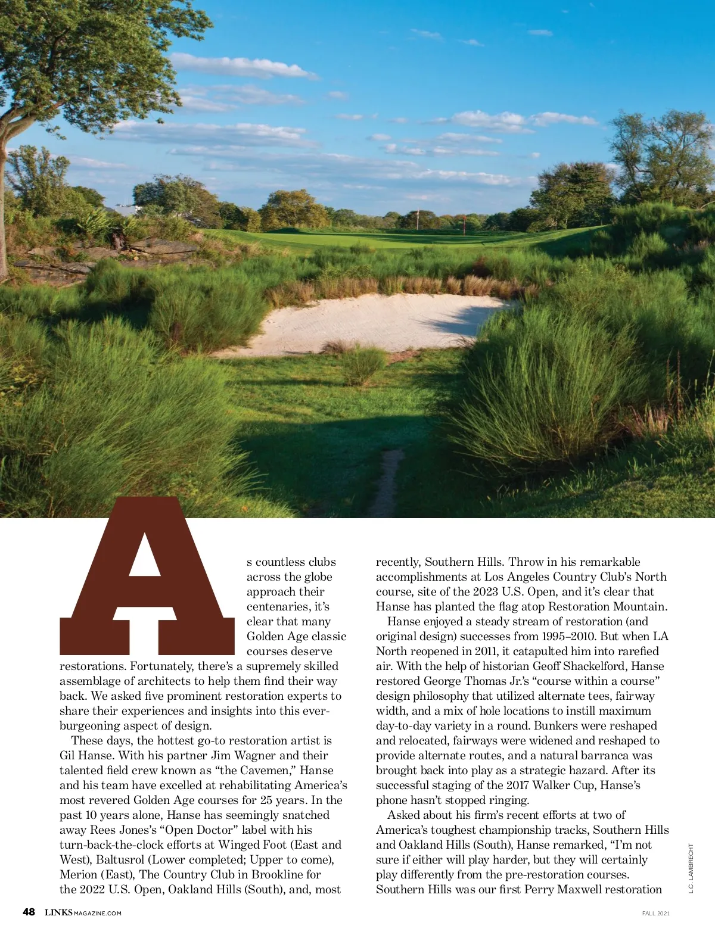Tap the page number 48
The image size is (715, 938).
tap(29, 912)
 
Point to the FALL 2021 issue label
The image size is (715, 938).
tap(655, 913)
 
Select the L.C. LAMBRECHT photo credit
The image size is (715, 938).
tap(691, 868)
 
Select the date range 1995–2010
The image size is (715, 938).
tap(568, 637)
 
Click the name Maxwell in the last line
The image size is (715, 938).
tap(581, 890)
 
